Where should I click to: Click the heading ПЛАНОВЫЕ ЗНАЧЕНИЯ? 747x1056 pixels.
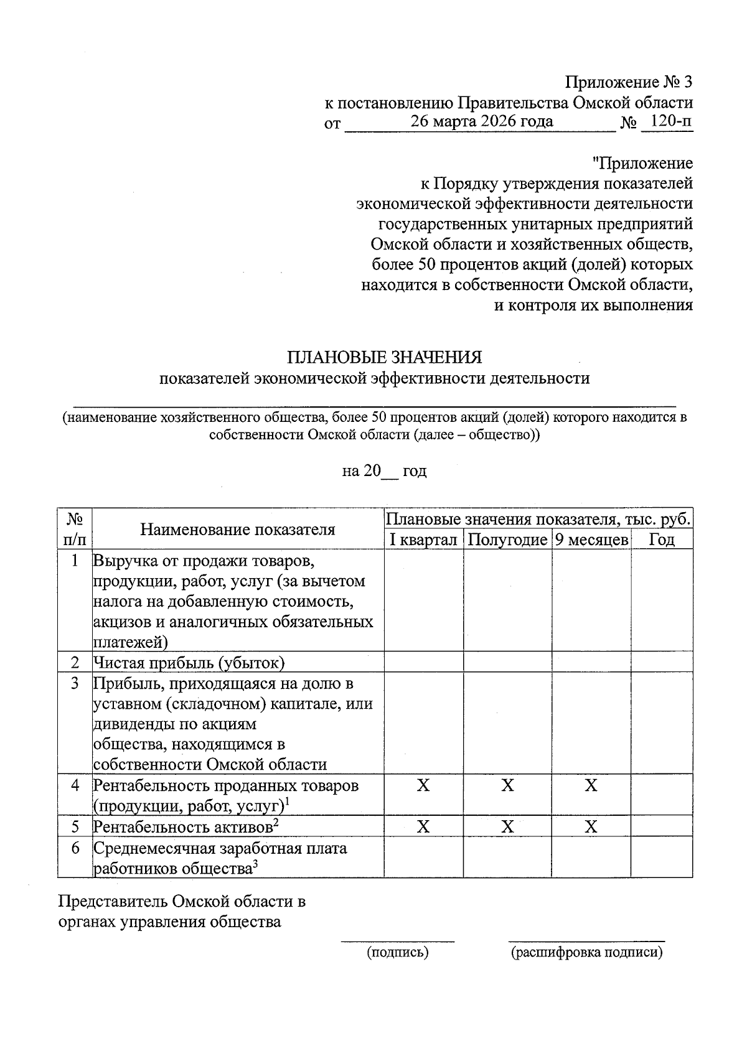pyautogui.click(x=384, y=357)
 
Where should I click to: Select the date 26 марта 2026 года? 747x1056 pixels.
pyautogui.click(x=481, y=121)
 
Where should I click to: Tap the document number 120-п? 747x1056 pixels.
pyautogui.click(x=666, y=121)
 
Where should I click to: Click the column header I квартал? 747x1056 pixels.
pyautogui.click(x=423, y=540)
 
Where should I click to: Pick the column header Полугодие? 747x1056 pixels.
pyautogui.click(x=507, y=540)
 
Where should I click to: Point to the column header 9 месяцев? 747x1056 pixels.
pyautogui.click(x=591, y=540)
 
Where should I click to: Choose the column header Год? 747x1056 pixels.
pyautogui.click(x=662, y=540)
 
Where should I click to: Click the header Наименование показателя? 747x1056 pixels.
pyautogui.click(x=237, y=529)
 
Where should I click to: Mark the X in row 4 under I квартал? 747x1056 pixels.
pyautogui.click(x=423, y=785)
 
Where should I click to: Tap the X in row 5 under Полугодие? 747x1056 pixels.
pyautogui.click(x=507, y=826)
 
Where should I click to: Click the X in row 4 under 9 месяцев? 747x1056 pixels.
pyautogui.click(x=591, y=785)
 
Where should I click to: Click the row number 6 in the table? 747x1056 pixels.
pyautogui.click(x=75, y=848)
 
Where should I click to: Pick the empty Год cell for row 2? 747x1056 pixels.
pyautogui.click(x=662, y=662)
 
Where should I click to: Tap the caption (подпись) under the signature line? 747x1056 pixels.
pyautogui.click(x=398, y=952)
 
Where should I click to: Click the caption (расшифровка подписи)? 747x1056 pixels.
pyautogui.click(x=586, y=952)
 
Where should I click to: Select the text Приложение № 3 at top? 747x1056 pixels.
pyautogui.click(x=629, y=82)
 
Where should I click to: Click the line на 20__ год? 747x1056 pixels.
pyautogui.click(x=384, y=471)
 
